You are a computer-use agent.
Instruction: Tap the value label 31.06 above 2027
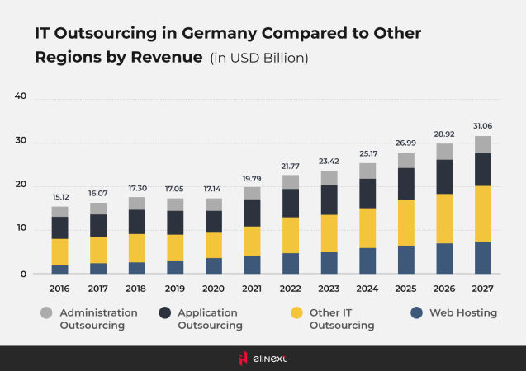482,125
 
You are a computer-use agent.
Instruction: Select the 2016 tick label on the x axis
59,290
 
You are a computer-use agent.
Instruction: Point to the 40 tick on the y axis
21,96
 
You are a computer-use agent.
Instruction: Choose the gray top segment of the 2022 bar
290,181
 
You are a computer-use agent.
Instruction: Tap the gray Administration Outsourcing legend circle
47,313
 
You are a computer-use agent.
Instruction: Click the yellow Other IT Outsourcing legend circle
296,313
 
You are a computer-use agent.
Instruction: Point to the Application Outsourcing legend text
208,319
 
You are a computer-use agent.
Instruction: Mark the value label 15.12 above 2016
59,197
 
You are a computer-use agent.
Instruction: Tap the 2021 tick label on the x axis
251,290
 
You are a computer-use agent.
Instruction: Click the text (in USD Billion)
259,58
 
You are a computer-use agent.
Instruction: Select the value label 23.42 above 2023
328,162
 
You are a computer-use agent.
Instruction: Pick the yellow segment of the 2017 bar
97,250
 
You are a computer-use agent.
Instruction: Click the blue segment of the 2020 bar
212,265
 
